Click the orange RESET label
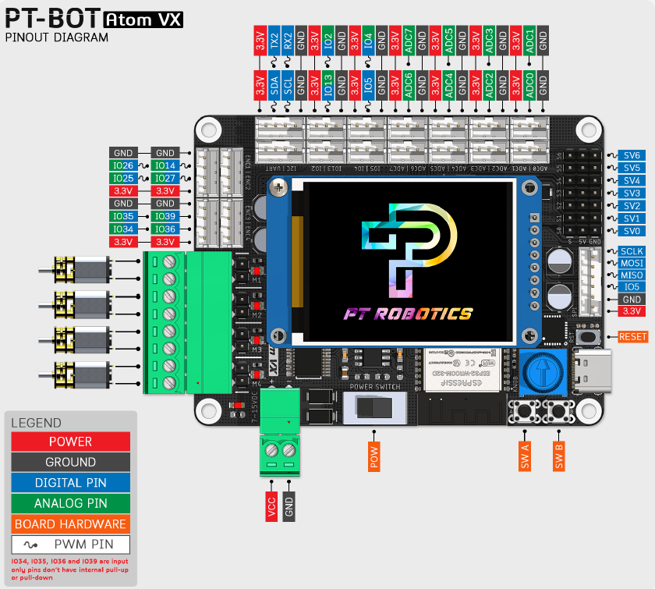(x=632, y=337)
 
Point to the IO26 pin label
(x=123, y=165)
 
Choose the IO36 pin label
(x=165, y=229)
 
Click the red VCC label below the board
(x=271, y=506)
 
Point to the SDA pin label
(x=274, y=84)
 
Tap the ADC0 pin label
(x=529, y=84)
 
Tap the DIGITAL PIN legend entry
(x=71, y=483)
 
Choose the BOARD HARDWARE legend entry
(x=71, y=524)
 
